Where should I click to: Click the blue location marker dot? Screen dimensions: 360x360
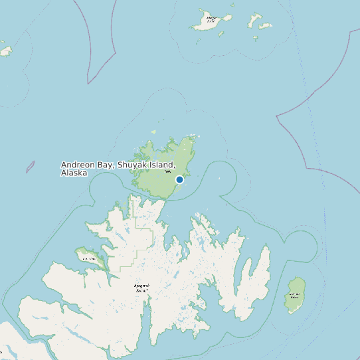pos(179,179)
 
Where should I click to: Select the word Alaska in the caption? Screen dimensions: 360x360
pos(74,173)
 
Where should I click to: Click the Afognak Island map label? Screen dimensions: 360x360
pos(141,288)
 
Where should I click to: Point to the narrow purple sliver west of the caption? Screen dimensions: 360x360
pos(30,167)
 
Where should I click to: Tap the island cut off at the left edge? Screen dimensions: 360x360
pos(5,50)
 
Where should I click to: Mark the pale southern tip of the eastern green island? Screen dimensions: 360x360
pos(294,312)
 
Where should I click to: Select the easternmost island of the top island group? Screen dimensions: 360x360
pos(266,27)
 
